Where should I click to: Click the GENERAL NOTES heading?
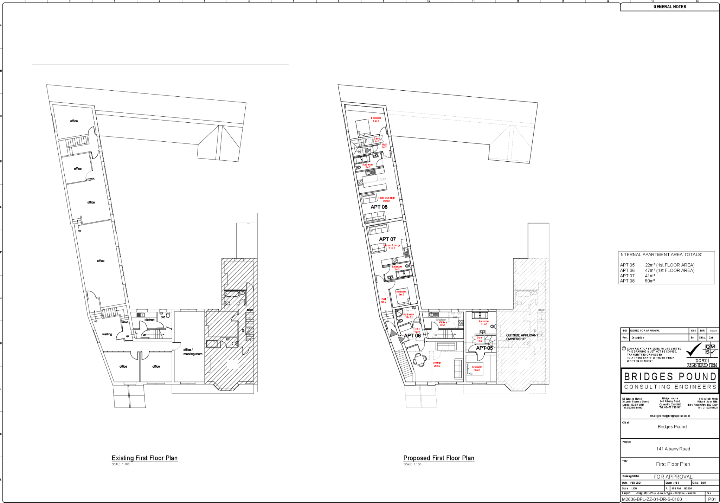(x=670, y=7)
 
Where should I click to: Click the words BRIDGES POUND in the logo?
(x=670, y=377)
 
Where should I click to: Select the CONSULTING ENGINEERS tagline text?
(x=670, y=387)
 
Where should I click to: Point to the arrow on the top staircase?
(x=367, y=150)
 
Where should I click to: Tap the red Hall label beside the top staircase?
(x=384, y=146)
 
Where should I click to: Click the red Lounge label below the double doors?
(x=437, y=364)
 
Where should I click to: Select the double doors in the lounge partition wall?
(x=431, y=355)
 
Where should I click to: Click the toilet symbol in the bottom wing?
(x=459, y=315)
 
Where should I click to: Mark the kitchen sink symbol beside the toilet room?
(x=432, y=315)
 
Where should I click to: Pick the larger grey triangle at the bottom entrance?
(x=393, y=333)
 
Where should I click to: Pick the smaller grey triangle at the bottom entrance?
(x=401, y=340)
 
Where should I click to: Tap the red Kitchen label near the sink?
(x=443, y=323)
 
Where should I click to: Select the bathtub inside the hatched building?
(x=524, y=294)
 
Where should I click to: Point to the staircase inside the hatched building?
(x=541, y=320)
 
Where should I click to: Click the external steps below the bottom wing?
(x=421, y=396)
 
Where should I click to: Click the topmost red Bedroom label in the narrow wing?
(x=376, y=120)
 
